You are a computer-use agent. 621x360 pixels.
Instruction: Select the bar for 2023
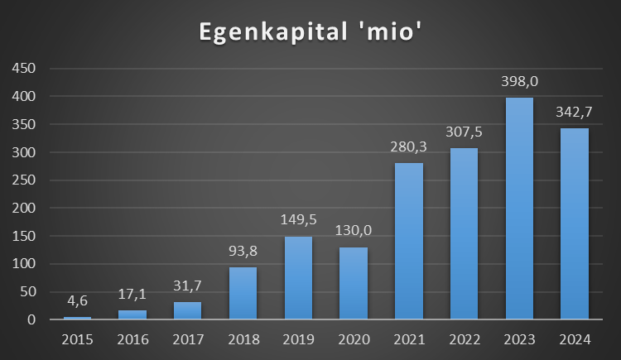519,209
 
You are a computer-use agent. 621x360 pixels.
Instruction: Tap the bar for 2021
409,241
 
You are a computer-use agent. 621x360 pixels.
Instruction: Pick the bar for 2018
243,293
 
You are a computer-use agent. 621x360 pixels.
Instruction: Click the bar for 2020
354,283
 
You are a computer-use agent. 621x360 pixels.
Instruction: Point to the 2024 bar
575,223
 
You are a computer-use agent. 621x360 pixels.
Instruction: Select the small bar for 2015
77,318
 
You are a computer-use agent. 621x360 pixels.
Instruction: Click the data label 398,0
519,83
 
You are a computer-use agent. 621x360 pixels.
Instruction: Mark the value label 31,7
187,288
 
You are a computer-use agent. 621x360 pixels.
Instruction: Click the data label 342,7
575,113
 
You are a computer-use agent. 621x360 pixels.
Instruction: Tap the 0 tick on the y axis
31,320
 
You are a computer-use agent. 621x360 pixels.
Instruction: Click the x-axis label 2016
132,338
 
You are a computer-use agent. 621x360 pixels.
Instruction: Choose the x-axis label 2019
298,338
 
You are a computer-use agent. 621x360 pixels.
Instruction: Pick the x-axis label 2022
464,338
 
